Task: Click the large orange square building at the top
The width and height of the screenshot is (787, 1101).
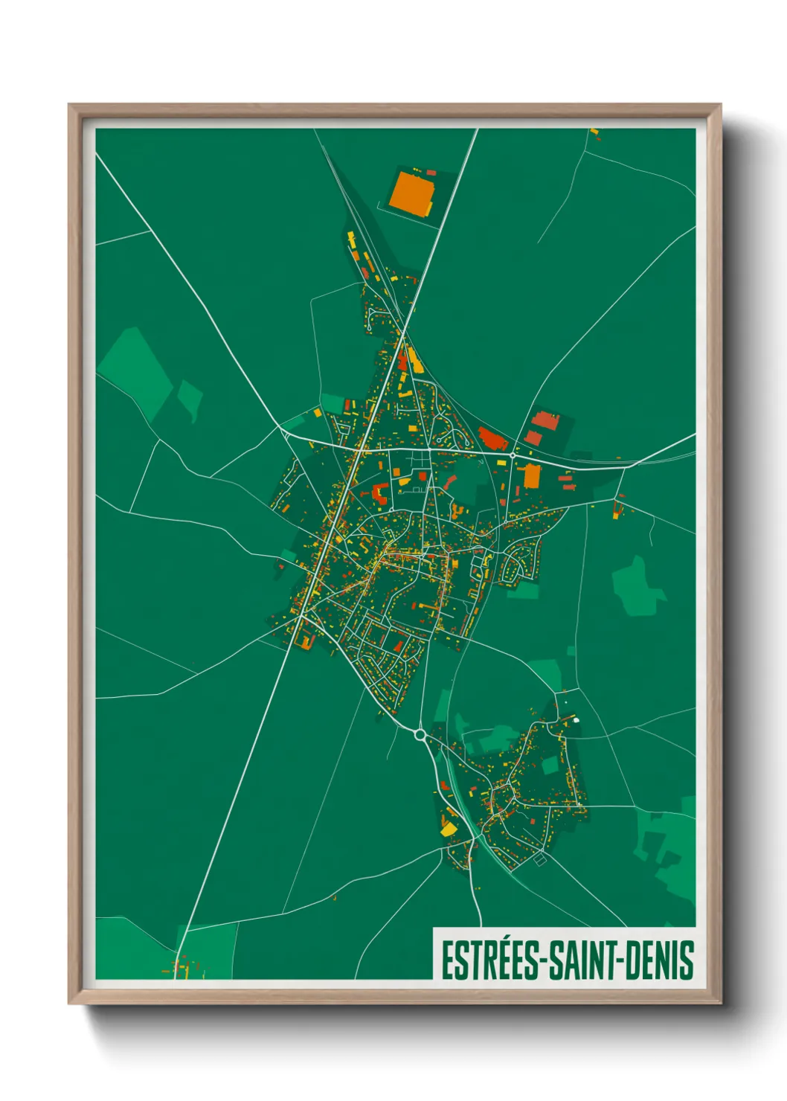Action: coord(411,193)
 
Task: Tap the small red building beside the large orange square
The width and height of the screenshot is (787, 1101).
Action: coord(431,173)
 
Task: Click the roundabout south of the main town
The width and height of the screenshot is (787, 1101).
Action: coord(420,735)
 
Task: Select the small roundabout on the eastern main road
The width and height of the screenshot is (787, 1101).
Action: coord(513,454)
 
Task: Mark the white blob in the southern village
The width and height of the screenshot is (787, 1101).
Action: coord(575,719)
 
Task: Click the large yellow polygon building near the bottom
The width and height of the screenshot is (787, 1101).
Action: coord(449,828)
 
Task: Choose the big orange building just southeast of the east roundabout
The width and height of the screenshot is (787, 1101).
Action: coord(531,476)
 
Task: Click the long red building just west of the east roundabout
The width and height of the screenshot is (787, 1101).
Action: coord(492,437)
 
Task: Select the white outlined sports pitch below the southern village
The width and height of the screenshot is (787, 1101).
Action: coord(539,859)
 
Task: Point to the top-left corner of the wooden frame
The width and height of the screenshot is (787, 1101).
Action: coord(70,106)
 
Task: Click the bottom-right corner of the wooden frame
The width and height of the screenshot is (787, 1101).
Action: coord(719,1003)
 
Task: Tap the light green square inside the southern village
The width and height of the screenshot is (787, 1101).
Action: coord(550,765)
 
